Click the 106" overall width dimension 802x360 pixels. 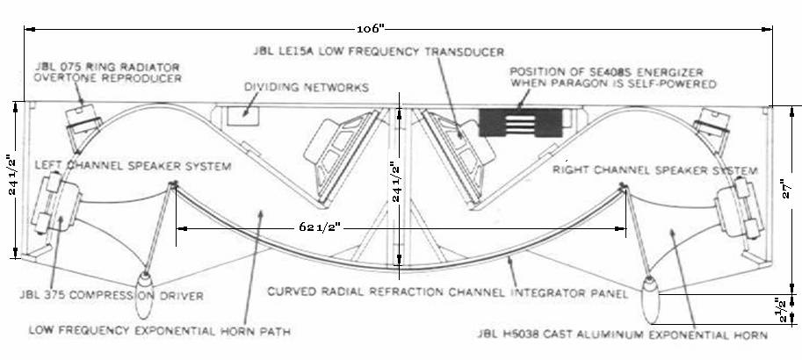[371, 29]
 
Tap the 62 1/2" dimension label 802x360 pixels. [321, 227]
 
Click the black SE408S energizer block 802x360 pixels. [520, 123]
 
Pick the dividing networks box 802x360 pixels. [243, 115]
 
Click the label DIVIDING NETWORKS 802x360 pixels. [307, 88]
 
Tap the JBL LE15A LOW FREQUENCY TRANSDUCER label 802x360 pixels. [379, 52]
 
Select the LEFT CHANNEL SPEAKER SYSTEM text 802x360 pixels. [133, 166]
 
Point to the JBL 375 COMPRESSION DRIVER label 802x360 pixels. [112, 296]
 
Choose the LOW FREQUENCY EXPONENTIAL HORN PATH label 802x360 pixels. [160, 331]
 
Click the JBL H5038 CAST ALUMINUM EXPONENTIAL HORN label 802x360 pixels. [623, 335]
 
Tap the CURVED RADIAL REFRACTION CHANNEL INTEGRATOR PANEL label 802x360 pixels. [447, 293]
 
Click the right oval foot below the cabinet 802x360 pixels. [651, 299]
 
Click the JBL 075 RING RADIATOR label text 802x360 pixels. [108, 68]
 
